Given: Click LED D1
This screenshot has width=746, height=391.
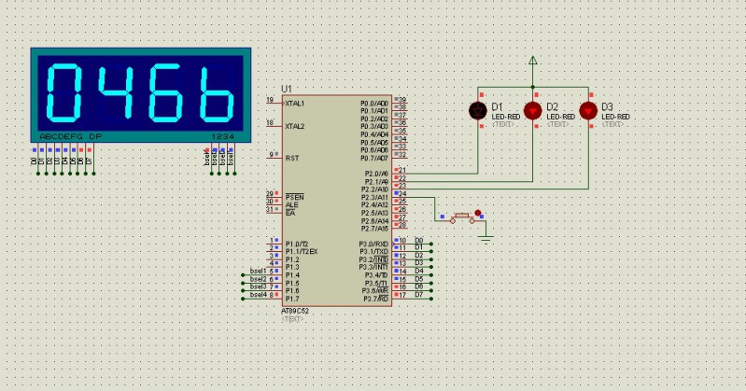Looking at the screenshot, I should coord(479,110).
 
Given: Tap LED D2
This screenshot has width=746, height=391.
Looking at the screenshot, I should coord(533,110).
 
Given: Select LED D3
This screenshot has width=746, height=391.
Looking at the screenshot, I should coord(588,110).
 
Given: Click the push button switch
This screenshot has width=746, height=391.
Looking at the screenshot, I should coord(461,218).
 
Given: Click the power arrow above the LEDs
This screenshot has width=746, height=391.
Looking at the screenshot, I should coord(533,62).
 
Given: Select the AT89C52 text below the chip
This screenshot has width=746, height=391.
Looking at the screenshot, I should coord(296,311).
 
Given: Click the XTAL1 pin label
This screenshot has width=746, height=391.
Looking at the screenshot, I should coord(295,103).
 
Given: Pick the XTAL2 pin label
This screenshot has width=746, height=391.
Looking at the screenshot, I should coord(295,126).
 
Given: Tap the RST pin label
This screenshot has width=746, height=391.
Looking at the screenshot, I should coord(291,158).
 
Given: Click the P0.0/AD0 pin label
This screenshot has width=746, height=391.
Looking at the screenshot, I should coord(375,103).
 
